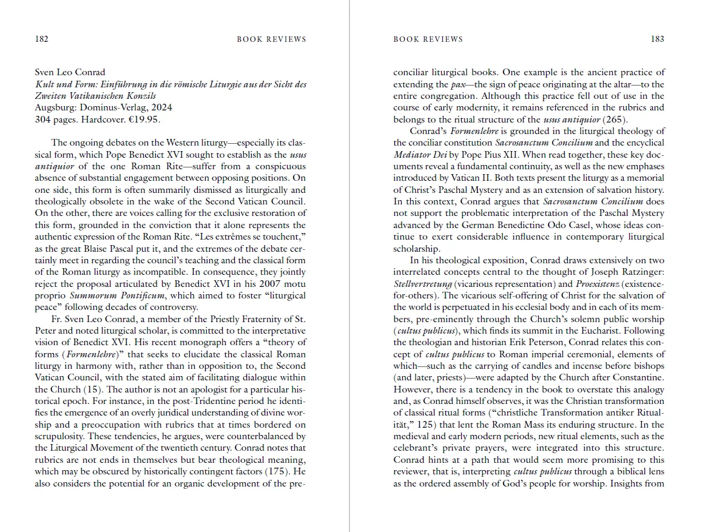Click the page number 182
tap(41, 39)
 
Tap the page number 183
tap(657, 39)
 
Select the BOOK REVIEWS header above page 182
tap(271, 39)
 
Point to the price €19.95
tap(145, 120)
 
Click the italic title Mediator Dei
tap(420, 155)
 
